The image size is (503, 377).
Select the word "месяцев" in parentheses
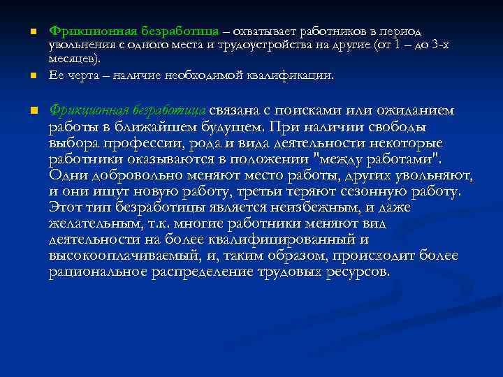(72, 59)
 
